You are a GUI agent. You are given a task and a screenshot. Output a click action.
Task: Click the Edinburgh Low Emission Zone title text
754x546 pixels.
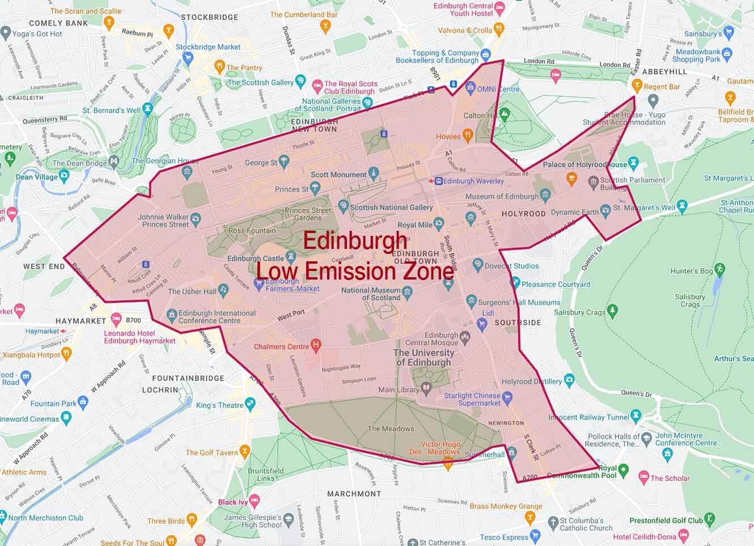[x=355, y=256]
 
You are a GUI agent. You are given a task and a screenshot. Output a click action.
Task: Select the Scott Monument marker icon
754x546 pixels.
[x=373, y=173]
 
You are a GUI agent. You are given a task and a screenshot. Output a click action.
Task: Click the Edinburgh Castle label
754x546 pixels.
[x=255, y=259]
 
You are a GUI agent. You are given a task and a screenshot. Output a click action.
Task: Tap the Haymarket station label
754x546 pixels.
[x=42, y=331]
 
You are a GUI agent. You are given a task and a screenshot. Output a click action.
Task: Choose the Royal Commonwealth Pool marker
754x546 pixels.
[x=624, y=469]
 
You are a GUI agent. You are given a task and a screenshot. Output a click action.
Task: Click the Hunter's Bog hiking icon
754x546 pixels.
[x=720, y=268]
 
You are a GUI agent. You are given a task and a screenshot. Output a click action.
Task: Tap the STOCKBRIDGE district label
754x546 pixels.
[x=209, y=17]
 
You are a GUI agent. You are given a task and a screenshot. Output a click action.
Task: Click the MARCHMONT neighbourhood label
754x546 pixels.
[x=354, y=493]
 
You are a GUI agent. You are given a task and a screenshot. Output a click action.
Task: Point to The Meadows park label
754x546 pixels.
[x=391, y=429]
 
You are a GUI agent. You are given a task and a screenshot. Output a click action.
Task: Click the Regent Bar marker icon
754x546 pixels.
[x=637, y=85]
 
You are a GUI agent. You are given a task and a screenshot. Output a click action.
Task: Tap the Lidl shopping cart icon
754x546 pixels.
[x=482, y=324]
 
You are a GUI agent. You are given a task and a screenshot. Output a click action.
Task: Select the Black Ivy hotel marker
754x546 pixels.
[x=255, y=501]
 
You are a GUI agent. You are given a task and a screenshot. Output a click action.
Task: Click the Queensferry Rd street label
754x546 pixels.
[x=44, y=120]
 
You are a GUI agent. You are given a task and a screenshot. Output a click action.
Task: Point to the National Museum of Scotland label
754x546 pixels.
[x=371, y=294]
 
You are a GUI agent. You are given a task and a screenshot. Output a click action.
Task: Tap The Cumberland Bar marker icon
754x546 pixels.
[x=325, y=25]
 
